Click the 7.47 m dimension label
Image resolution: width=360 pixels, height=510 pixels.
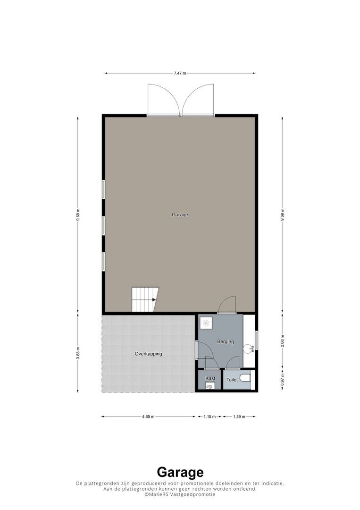click(x=180, y=73)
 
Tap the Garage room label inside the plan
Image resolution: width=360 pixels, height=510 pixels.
click(x=180, y=215)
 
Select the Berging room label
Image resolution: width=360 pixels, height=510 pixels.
click(x=225, y=341)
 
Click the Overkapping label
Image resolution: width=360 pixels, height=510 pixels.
click(x=148, y=354)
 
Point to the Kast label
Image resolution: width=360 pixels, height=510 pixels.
click(x=210, y=378)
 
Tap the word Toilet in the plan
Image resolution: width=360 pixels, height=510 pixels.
click(x=232, y=380)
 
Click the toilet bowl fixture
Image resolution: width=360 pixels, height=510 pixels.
click(x=245, y=378)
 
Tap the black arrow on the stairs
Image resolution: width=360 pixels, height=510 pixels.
click(x=154, y=299)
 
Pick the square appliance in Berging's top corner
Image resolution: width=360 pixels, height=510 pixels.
click(x=206, y=323)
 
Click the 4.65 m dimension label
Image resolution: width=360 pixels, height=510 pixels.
click(x=148, y=417)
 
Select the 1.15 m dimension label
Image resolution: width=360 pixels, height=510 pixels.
click(x=209, y=417)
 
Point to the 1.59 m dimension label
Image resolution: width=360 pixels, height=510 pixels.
click(x=239, y=417)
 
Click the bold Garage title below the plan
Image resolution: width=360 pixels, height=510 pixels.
click(x=180, y=472)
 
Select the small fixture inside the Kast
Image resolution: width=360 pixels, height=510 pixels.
click(x=210, y=386)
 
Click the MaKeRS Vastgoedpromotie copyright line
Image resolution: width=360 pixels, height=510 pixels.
click(x=180, y=494)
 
